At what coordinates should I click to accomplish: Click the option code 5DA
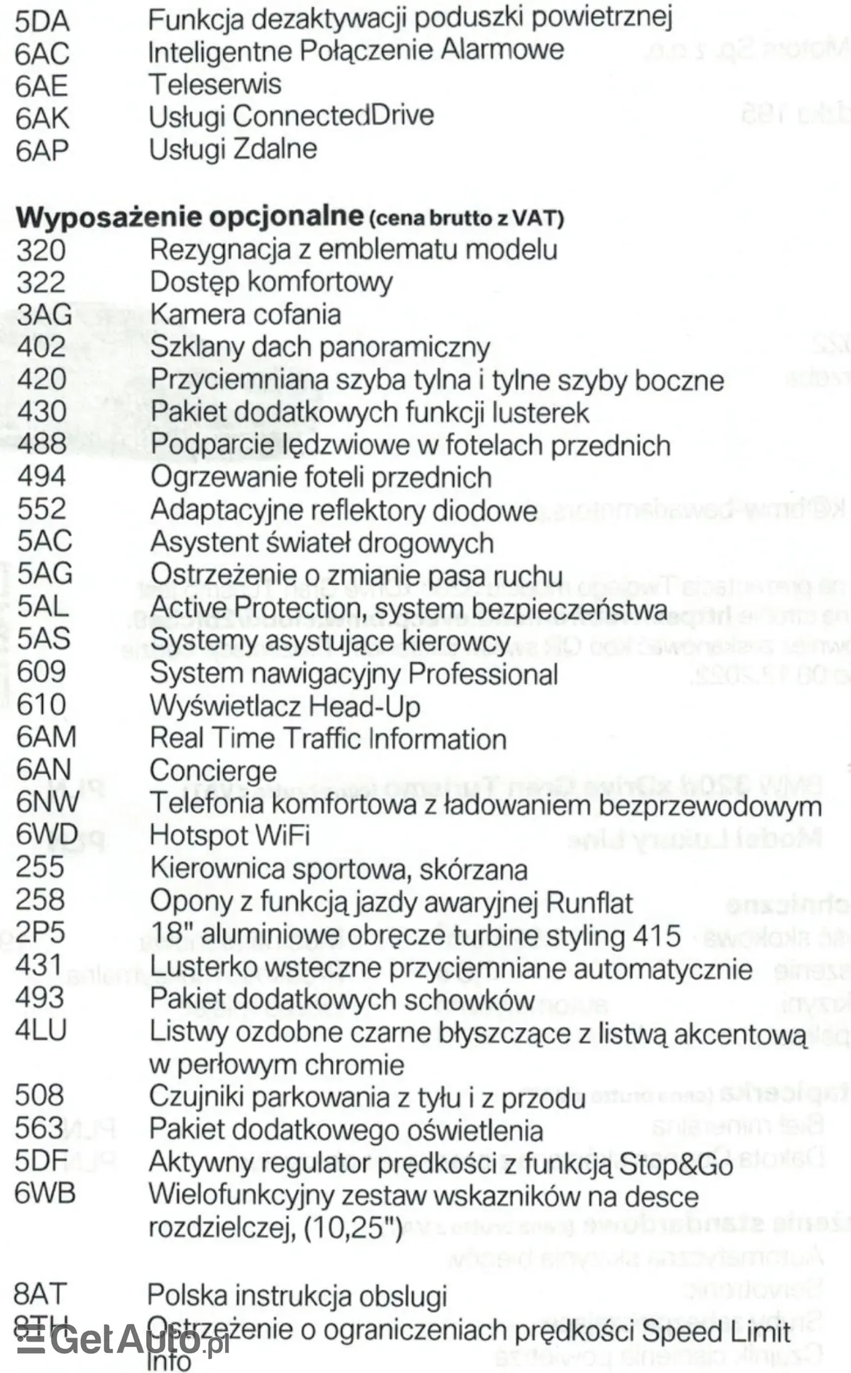coord(42,22)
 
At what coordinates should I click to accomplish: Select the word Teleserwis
coord(215,84)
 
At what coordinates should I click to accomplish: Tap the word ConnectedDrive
coord(333,116)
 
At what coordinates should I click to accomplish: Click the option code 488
coord(42,444)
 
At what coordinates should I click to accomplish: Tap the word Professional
coord(483,674)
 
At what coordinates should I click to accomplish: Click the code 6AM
coord(46,737)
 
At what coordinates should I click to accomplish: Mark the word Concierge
coord(213,770)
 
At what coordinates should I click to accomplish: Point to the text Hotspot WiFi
coord(229,835)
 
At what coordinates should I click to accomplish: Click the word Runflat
coord(589,902)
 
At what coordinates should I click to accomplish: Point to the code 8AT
coord(40,1295)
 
